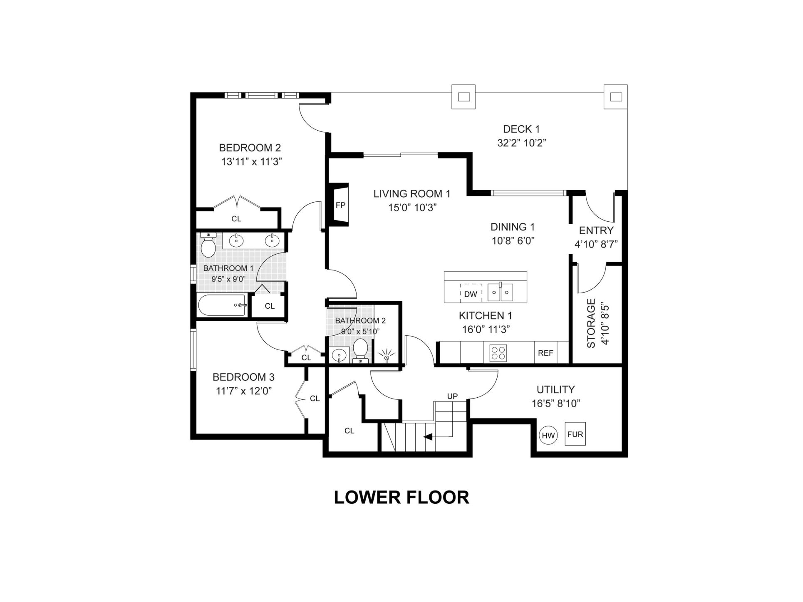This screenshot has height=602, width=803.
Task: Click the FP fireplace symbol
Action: (x=341, y=205)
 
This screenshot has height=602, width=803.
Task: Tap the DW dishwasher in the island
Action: (x=471, y=293)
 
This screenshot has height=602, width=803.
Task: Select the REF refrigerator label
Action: (x=545, y=353)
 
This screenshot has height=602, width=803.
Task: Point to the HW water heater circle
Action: (x=548, y=435)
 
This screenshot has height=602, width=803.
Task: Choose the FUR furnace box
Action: (x=575, y=434)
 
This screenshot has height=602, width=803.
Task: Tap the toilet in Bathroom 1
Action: (x=208, y=245)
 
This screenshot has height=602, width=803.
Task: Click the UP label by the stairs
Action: (x=452, y=396)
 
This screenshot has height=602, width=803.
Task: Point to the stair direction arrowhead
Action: (x=427, y=437)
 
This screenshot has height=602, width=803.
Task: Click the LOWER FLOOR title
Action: (x=401, y=497)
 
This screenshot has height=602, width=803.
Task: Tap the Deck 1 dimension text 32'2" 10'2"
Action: (x=521, y=143)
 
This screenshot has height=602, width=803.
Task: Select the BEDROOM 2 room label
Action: (x=250, y=148)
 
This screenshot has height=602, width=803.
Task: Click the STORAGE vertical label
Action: (x=591, y=323)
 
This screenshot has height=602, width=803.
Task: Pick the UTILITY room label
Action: (x=555, y=389)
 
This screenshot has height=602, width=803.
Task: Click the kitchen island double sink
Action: (x=501, y=292)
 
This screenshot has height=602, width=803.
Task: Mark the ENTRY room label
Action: (x=596, y=230)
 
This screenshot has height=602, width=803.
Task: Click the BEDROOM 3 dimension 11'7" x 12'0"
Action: (x=244, y=391)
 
